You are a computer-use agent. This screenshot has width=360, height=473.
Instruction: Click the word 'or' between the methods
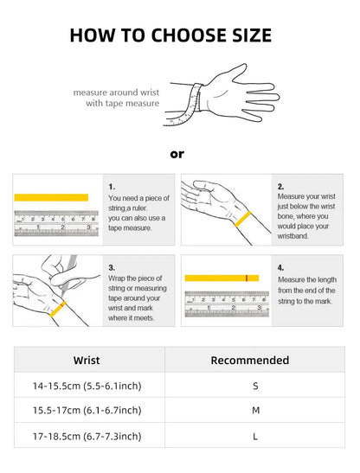coord(177,154)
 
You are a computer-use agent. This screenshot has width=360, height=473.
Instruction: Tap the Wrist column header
coord(87,361)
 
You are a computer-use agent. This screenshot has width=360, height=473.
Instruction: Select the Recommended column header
coord(250,361)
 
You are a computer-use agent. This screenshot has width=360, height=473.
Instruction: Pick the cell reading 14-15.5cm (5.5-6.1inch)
coord(87,386)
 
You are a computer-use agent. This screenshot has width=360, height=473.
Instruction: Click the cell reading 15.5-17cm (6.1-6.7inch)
coord(87,410)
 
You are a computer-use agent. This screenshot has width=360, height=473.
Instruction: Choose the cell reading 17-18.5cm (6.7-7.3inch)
coord(87,436)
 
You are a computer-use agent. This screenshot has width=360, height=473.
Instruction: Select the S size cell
coord(255,386)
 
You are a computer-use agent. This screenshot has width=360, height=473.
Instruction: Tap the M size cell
coord(256,410)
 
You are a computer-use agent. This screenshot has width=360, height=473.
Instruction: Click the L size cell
coord(255,436)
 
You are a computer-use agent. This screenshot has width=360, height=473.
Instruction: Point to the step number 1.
coord(112,187)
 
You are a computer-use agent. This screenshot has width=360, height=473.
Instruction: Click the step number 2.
coord(280,187)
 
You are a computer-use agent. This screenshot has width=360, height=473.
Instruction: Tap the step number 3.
coord(112,267)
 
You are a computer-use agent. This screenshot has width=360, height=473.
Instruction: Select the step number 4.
coord(280,267)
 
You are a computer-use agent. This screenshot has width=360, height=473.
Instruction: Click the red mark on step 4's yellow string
coord(247,278)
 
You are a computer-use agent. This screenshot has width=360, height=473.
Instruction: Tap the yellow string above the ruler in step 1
coord(51,197)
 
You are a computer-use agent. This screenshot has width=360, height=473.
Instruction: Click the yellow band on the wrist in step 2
coord(243,219)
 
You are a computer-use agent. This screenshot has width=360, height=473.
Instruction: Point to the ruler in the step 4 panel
coord(227,304)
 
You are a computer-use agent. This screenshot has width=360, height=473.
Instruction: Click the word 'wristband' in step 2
coord(292,236)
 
